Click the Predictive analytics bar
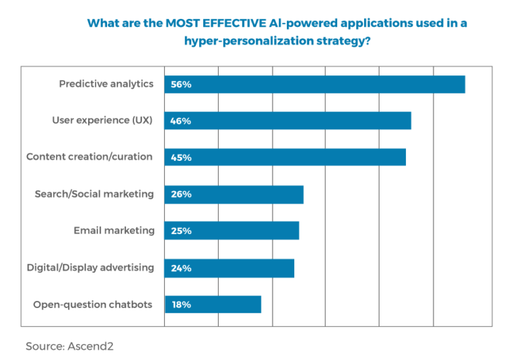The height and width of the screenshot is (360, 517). [315, 84]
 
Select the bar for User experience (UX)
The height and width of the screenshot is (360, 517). [288, 121]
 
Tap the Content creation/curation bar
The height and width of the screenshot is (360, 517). [285, 157]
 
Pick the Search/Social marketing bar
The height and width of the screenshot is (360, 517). [234, 194]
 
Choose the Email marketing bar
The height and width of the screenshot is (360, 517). [232, 231]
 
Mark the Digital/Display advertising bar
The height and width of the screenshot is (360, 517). [230, 268]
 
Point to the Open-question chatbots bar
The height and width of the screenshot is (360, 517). [213, 304]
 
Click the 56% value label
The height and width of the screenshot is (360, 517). [181, 84]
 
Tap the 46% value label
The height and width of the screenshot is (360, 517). [181, 121]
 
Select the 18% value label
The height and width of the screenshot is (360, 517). [181, 304]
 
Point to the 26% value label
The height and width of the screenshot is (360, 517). [181, 194]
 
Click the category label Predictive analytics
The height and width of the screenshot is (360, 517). [106, 84]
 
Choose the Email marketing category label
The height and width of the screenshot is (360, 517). [114, 231]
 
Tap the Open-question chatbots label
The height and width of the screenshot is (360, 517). [93, 304]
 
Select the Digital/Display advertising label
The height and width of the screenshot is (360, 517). [90, 268]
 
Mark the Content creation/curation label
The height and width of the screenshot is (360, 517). [90, 157]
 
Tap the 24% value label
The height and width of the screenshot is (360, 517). [181, 268]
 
